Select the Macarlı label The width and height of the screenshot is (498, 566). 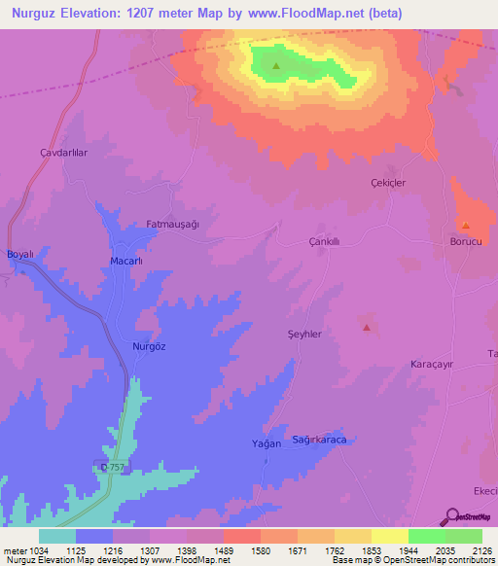click(126, 262)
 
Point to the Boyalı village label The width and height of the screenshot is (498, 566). click(20, 254)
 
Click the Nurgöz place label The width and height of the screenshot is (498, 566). click(149, 347)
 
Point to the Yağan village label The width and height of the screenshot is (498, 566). click(267, 443)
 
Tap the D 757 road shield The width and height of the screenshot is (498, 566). click(113, 468)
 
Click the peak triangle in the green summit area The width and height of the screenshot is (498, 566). click(276, 66)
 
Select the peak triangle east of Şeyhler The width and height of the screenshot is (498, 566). click(367, 328)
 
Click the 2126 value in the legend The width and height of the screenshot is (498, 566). click(481, 551)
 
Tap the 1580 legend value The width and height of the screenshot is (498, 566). click(261, 551)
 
